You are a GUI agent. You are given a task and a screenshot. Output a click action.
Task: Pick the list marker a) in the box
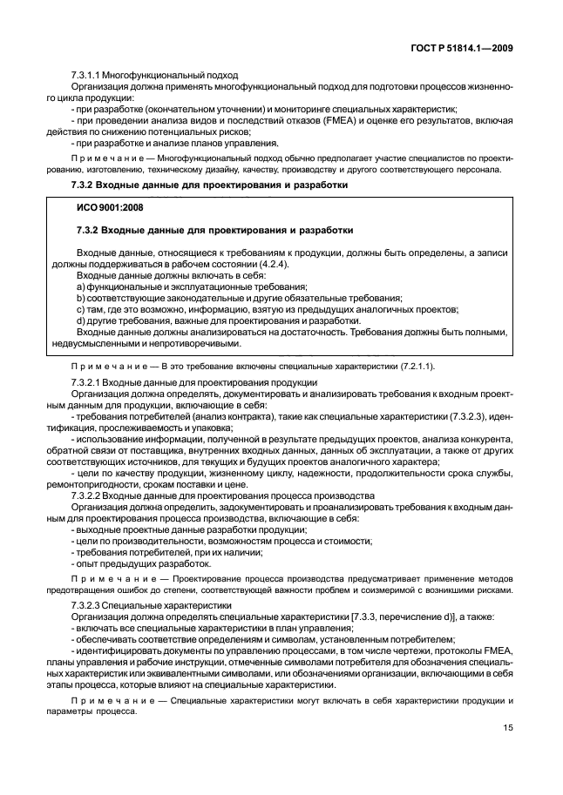pyautogui.click(x=79, y=286)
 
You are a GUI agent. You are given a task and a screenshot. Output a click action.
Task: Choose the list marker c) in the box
pyautogui.click(x=79, y=309)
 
